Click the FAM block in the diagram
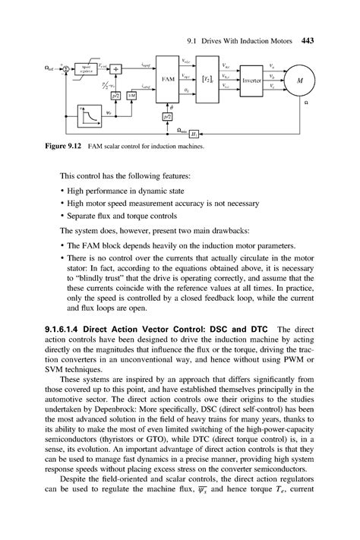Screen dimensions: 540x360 [169, 78]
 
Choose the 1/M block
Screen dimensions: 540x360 [131, 96]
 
